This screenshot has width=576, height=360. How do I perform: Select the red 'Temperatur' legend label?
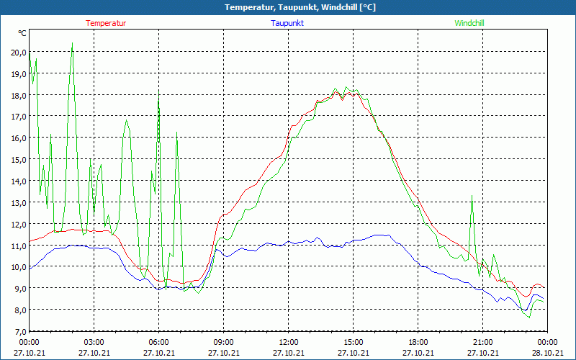coord(106,23)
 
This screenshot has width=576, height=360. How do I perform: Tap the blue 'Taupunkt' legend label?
coord(287,23)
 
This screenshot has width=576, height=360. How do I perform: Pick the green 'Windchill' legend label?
coord(469,23)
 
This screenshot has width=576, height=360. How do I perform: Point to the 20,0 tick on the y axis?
coord(18,52)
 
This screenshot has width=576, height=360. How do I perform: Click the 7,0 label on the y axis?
coord(18,331)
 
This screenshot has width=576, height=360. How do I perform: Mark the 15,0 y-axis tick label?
coord(18,159)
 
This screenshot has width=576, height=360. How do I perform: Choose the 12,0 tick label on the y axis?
coord(18,224)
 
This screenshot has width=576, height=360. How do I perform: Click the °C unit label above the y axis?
coord(22,33)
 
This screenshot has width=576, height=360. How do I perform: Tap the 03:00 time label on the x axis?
coord(94,342)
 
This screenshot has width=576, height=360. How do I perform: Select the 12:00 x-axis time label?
coord(289,342)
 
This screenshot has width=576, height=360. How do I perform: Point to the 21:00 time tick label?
coord(483,342)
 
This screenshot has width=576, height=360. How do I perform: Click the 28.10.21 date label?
coord(548,353)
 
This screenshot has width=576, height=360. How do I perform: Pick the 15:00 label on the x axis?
coord(354,342)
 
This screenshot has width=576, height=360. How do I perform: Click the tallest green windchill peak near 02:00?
coord(72,43)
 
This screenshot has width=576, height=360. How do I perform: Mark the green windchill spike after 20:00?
coord(472,196)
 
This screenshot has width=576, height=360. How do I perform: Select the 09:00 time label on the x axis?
coord(224,342)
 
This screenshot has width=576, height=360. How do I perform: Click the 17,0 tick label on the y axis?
coord(18,116)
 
